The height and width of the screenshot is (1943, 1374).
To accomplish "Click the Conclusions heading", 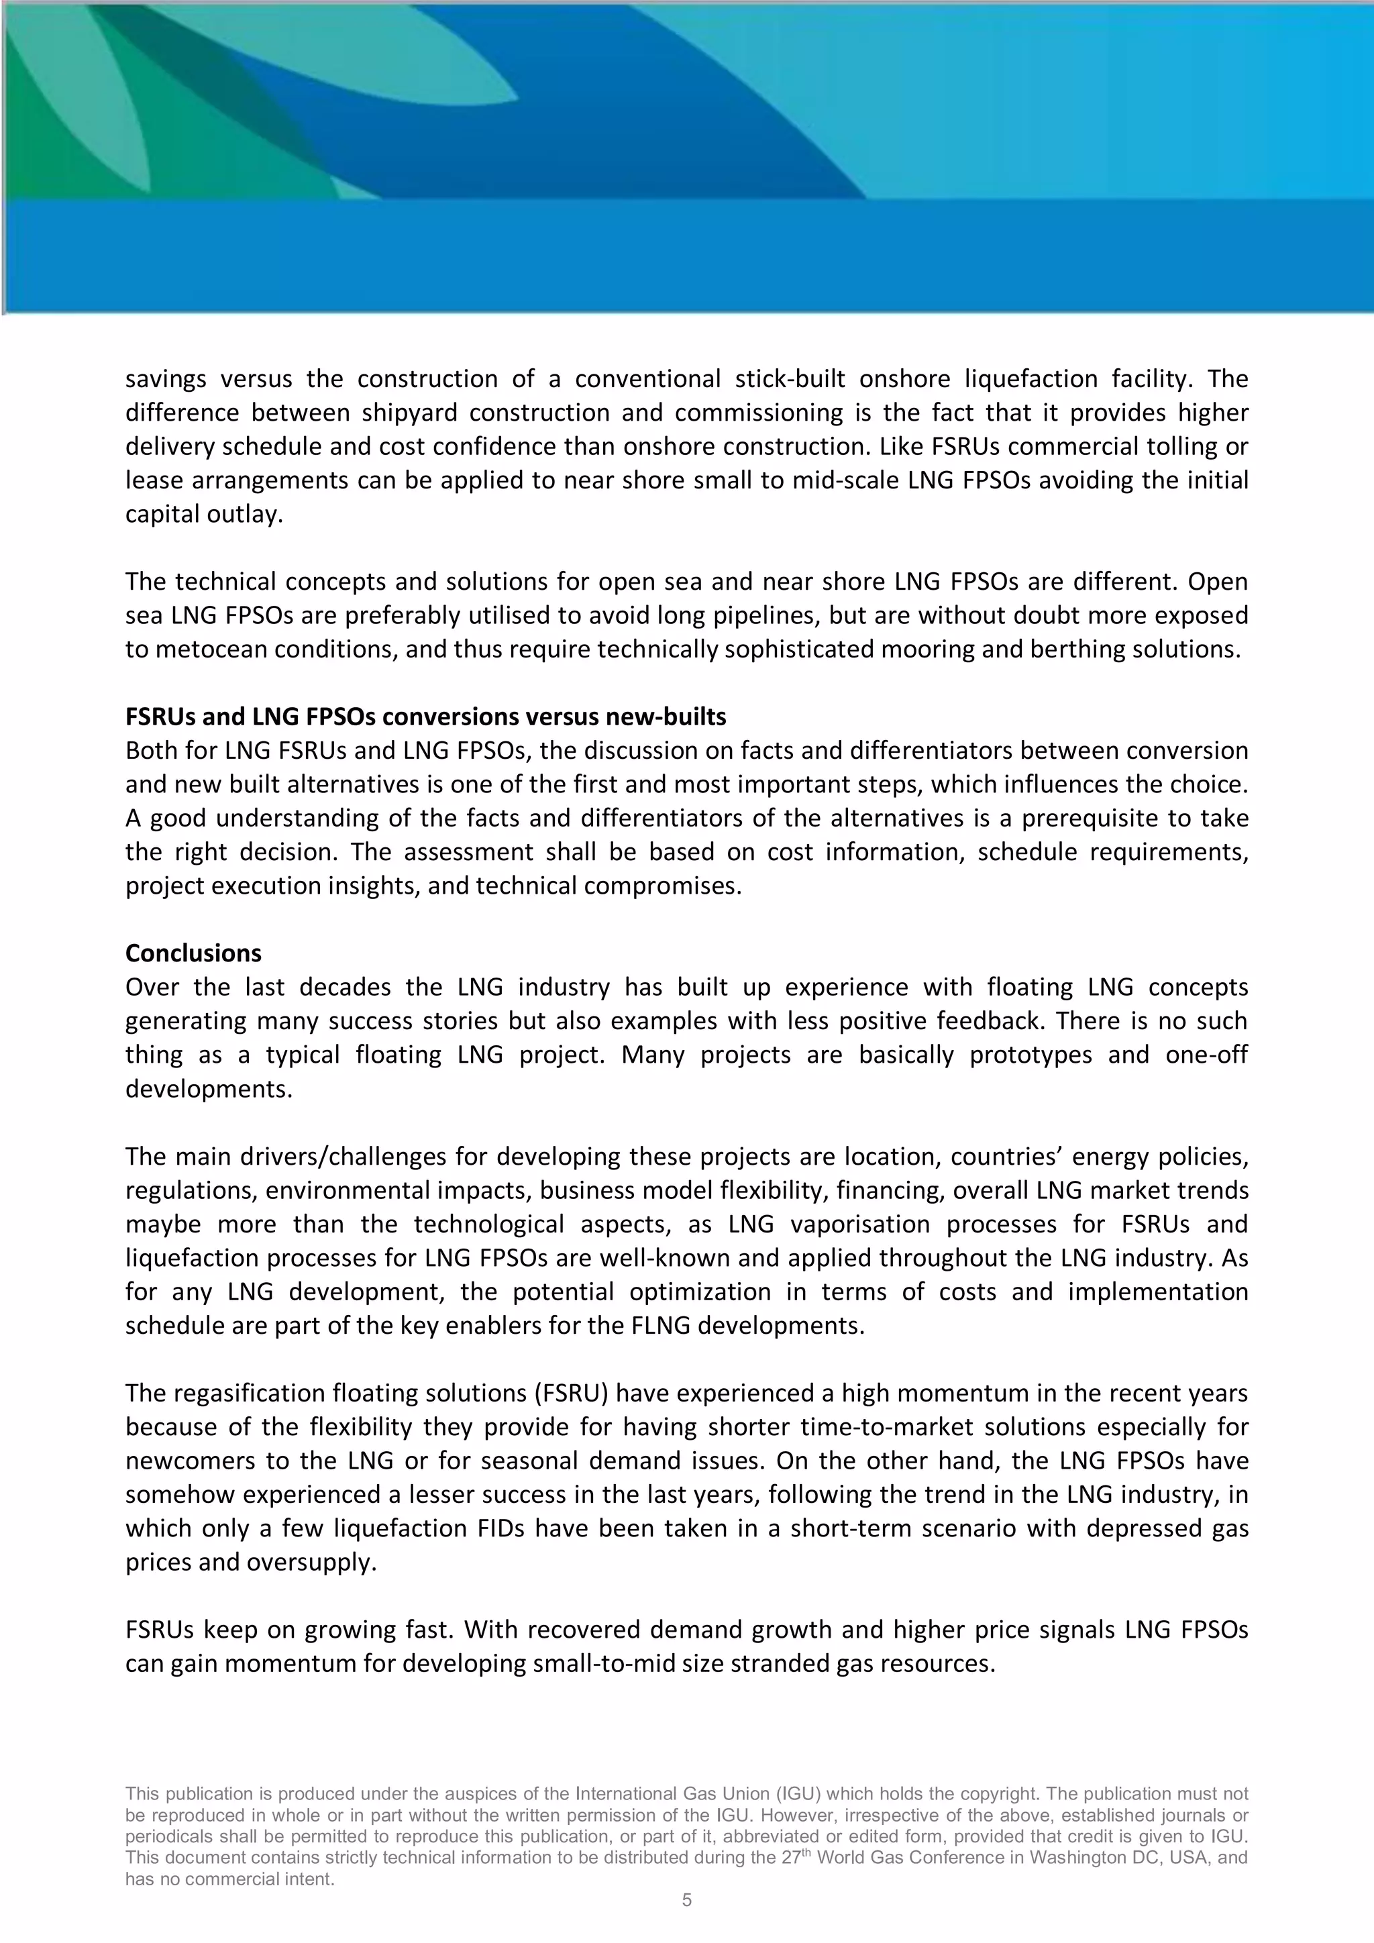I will tap(193, 953).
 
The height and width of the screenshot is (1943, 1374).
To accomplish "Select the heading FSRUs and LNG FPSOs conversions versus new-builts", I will tap(425, 717).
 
